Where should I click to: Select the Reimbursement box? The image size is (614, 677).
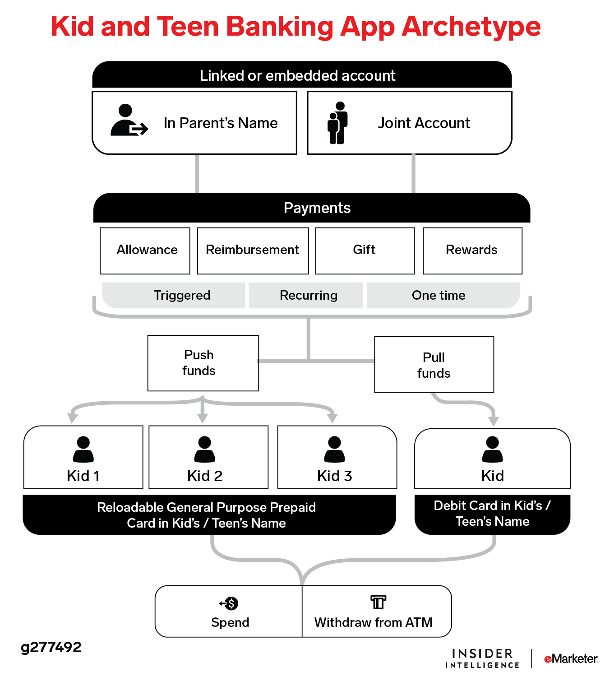click(x=253, y=250)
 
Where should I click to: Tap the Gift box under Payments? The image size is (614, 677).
click(x=365, y=250)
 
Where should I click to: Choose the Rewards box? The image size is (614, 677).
click(x=472, y=250)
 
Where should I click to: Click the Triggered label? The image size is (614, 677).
click(x=182, y=295)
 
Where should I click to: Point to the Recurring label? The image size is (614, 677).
click(x=309, y=295)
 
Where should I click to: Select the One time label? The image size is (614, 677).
click(x=439, y=295)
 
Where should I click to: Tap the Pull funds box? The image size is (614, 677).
click(x=434, y=365)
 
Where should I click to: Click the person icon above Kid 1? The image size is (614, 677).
click(x=83, y=449)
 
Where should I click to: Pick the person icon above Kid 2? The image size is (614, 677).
click(x=205, y=449)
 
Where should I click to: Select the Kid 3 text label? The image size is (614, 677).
click(x=334, y=476)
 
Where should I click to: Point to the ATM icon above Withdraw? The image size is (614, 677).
click(x=378, y=602)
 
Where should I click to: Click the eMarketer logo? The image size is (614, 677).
click(x=571, y=658)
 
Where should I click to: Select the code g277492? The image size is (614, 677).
click(x=51, y=647)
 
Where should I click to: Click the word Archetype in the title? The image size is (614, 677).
click(x=471, y=27)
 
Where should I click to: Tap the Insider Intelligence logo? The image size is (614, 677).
click(x=482, y=658)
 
